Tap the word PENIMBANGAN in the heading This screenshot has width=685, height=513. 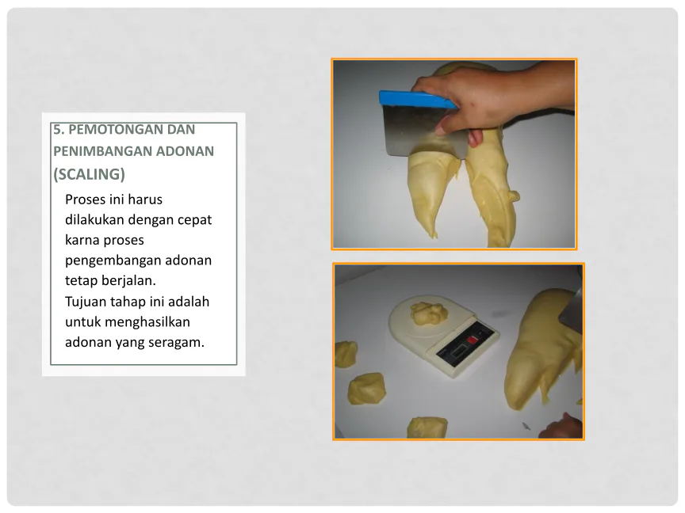[x=101, y=151]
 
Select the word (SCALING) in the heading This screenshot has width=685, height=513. [x=89, y=174]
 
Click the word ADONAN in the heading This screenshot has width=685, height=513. [x=186, y=151]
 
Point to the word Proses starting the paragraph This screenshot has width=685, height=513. [x=85, y=199]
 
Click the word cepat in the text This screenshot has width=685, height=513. [x=194, y=220]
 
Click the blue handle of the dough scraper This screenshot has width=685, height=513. [x=417, y=100]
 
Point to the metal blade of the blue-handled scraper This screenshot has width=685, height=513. [x=423, y=130]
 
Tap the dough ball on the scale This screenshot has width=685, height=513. [x=429, y=313]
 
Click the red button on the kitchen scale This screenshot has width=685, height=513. [x=472, y=340]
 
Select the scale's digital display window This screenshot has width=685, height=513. [x=456, y=351]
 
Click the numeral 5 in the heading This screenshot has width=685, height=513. [x=56, y=130]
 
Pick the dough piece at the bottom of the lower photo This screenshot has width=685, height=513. [x=427, y=427]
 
